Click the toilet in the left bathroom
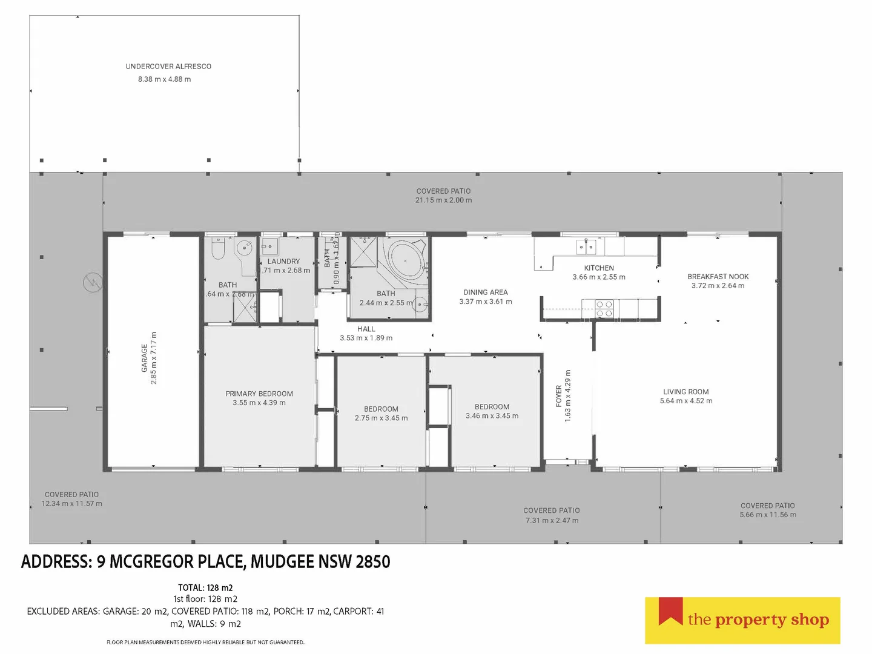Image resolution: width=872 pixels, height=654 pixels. coord(218,248)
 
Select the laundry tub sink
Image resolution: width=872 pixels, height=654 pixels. coord(269,247)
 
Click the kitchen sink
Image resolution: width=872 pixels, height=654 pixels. coord(585,246)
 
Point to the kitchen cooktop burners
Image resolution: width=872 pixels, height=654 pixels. coord(604,309)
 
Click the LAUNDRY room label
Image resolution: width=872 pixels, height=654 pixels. coord(283,262)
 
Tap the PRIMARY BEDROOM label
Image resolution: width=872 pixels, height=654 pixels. coord(259,394)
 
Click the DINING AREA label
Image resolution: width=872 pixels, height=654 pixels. coord(486,292)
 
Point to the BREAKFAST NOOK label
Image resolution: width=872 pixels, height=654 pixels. coord(718,276)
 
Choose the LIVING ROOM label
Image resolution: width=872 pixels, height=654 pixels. coord(685,392)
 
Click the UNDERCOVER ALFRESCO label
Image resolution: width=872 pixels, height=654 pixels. coord(168,67)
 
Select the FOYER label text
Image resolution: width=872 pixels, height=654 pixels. coord(558,396)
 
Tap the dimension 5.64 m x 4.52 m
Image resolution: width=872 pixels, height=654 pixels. coord(686,401)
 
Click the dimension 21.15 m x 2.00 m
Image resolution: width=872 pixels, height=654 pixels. coord(444,200)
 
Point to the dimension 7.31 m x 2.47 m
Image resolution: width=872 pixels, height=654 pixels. coord(551,520)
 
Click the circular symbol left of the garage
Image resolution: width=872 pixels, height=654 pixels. coord(93,282)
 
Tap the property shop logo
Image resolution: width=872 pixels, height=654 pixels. coord(742,620)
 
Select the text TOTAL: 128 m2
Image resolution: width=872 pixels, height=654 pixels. coord(205,587)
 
